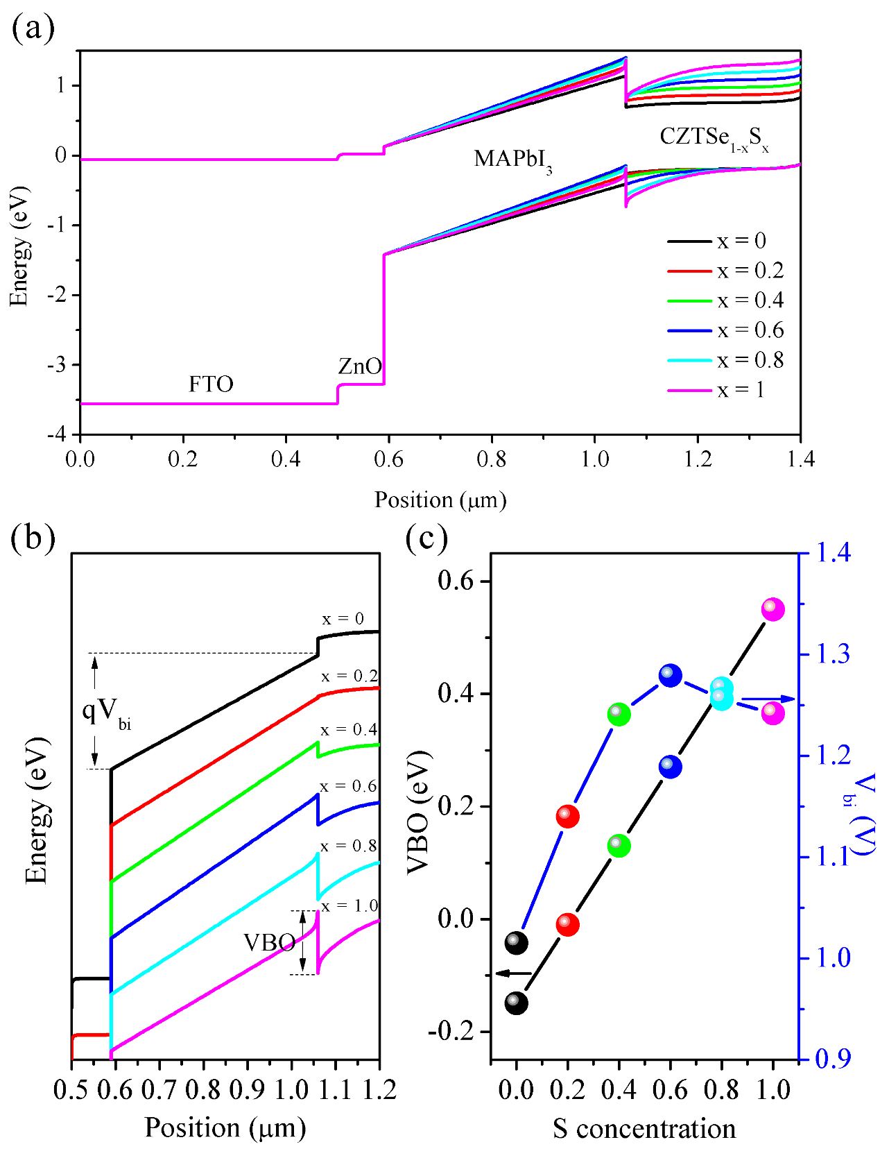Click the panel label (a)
[x=33, y=29]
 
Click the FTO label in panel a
[x=211, y=384]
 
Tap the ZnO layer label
[x=359, y=366]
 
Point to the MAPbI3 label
[x=512, y=160]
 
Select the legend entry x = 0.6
[x=725, y=330]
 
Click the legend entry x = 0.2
[x=725, y=271]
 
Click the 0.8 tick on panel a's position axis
[x=491, y=459]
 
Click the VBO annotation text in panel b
[x=269, y=942]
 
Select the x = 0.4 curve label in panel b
[x=349, y=730]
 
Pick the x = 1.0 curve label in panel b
[x=349, y=905]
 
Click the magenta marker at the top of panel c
[x=773, y=609]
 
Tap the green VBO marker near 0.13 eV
[x=619, y=846]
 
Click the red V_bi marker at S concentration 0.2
[x=567, y=816]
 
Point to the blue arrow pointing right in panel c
[x=770, y=699]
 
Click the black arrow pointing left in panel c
[x=513, y=973]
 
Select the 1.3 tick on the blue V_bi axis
[x=832, y=654]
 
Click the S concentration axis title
[x=644, y=1129]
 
